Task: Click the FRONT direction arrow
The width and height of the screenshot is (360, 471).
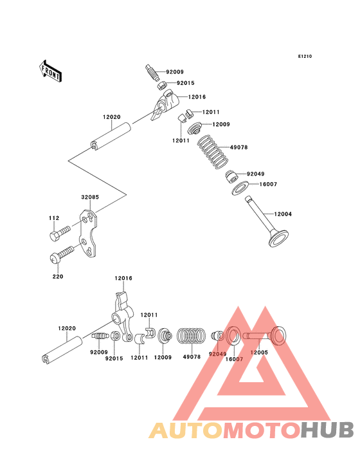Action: point(50,71)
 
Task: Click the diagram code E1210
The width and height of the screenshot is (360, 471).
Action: point(305,56)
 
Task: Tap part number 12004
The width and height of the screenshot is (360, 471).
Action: point(283,214)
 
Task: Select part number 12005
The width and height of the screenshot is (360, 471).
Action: point(259,353)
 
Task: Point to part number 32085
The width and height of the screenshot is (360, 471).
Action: point(90,197)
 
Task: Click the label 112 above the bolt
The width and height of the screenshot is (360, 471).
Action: point(54,218)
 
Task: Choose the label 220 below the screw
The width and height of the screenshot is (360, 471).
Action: point(58,276)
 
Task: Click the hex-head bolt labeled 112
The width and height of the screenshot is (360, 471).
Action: point(60,233)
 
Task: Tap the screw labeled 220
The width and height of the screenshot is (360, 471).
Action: point(62,254)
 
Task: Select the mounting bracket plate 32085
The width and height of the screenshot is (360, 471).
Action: point(89,234)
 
